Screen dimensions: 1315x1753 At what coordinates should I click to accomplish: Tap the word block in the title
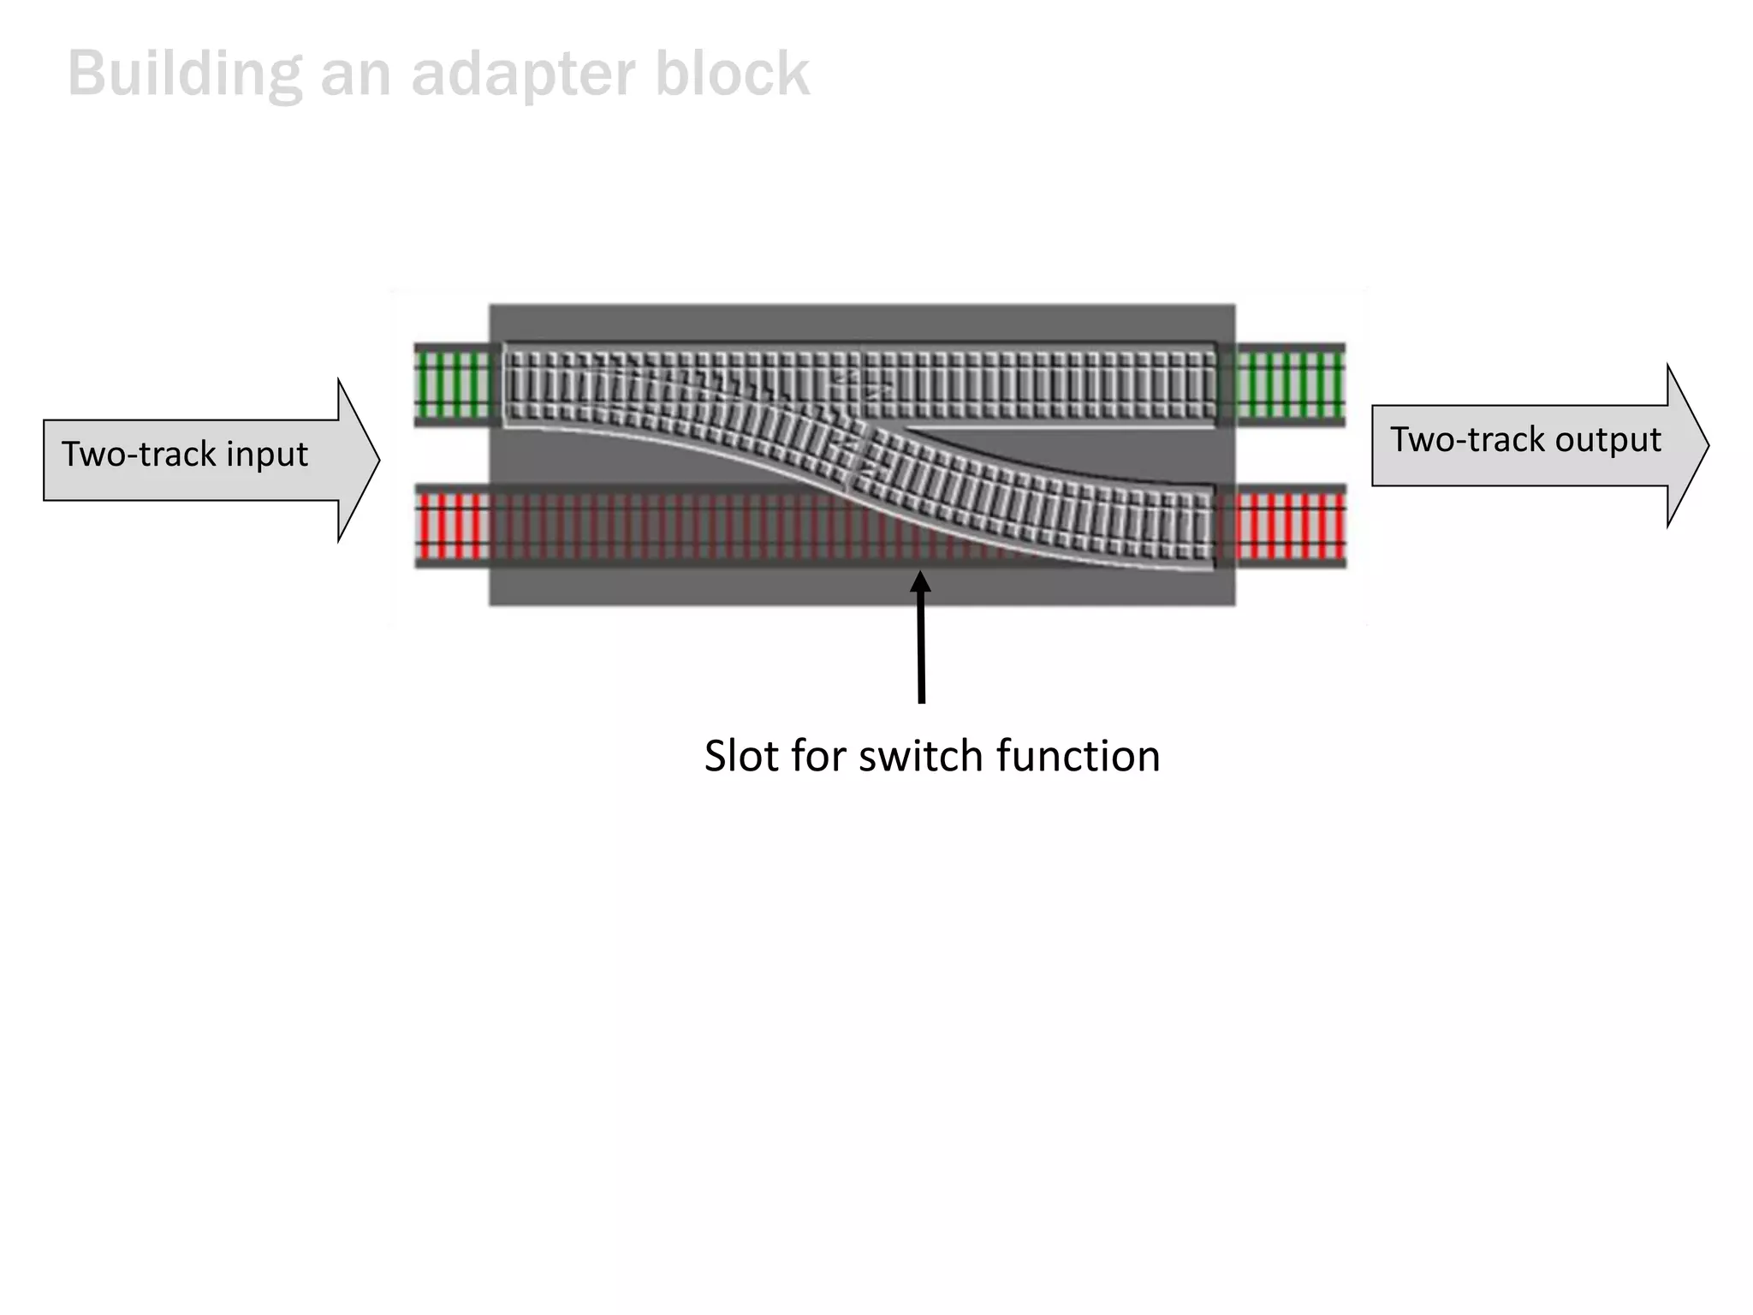point(732,74)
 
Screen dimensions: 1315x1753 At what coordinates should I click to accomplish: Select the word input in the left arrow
point(266,454)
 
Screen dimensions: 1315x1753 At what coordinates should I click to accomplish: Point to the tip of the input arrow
point(377,461)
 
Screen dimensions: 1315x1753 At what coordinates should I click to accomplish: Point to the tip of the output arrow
point(1707,445)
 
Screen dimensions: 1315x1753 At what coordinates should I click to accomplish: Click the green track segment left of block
point(452,384)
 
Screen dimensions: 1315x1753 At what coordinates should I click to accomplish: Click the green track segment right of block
point(1291,384)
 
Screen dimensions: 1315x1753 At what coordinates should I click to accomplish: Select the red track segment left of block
point(452,525)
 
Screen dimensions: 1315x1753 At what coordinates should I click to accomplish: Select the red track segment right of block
point(1291,525)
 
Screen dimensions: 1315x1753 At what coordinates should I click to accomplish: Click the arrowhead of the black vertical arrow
point(920,584)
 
